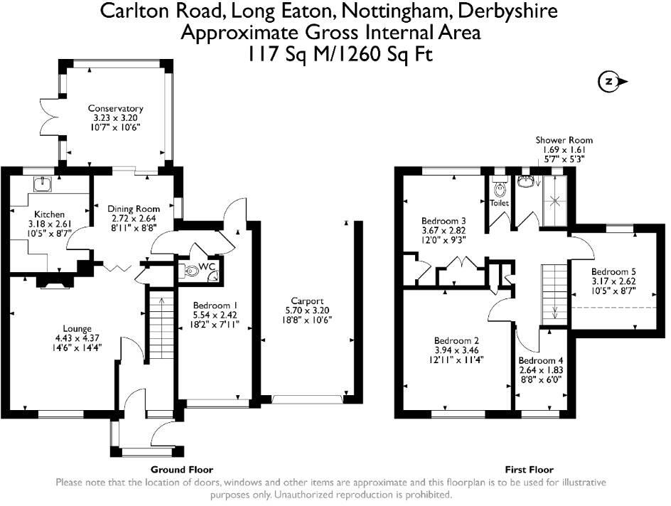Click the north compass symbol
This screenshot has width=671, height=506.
click(x=609, y=82)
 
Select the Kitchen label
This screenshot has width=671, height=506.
click(x=50, y=214)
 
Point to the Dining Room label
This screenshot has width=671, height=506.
click(x=134, y=209)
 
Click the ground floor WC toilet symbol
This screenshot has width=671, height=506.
click(x=193, y=270)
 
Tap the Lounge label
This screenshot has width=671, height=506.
click(x=57, y=329)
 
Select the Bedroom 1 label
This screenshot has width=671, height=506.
click(x=213, y=306)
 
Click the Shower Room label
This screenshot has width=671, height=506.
click(x=564, y=140)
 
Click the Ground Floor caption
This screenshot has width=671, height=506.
click(x=182, y=470)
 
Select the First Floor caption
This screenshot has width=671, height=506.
click(x=529, y=470)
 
